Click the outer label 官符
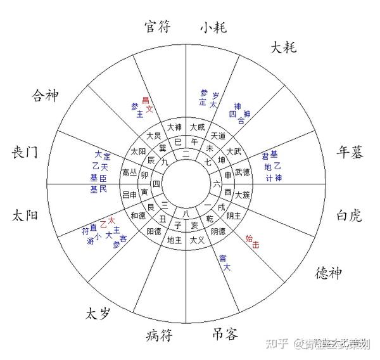click(x=157, y=27)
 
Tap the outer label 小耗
click(x=213, y=27)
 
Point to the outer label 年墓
click(x=350, y=152)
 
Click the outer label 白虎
click(x=348, y=215)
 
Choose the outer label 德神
click(x=328, y=273)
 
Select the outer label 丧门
click(x=25, y=152)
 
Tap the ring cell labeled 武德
click(x=243, y=172)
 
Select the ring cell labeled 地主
click(x=174, y=240)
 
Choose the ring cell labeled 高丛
click(x=129, y=172)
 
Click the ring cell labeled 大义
click(x=197, y=240)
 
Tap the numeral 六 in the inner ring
click(x=216, y=184)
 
